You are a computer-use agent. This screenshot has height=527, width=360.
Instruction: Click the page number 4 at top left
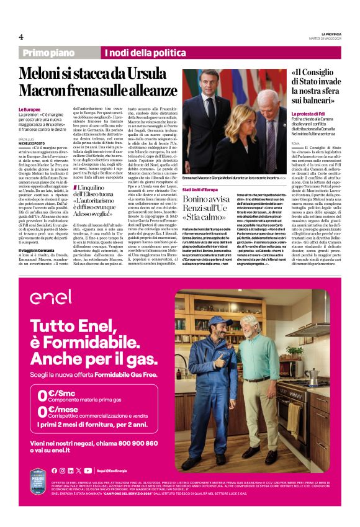[x=20, y=37]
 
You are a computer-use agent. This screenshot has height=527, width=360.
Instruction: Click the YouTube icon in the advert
[x=89, y=470]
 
